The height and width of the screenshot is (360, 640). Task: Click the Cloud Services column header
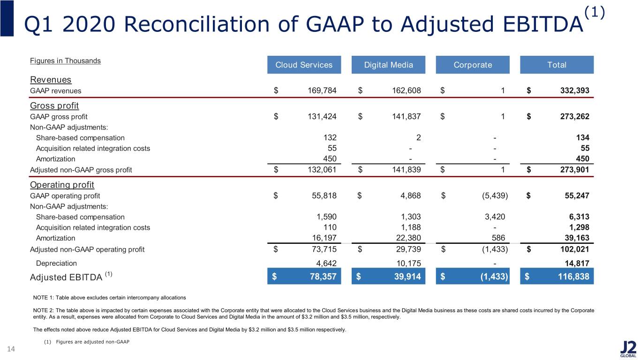click(x=304, y=65)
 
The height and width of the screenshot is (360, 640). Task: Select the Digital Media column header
click(x=388, y=65)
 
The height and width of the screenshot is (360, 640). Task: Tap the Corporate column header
click(x=473, y=65)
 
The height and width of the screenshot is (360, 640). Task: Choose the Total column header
click(x=557, y=65)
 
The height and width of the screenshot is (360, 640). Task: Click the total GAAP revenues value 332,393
click(x=574, y=90)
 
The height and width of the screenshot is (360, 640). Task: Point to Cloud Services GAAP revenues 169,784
click(x=322, y=90)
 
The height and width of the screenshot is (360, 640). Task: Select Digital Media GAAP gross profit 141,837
click(x=407, y=117)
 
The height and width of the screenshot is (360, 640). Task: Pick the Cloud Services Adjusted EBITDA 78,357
click(x=323, y=276)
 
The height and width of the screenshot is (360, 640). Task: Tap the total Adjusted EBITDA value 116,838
click(x=573, y=276)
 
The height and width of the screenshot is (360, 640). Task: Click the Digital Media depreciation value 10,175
click(x=408, y=263)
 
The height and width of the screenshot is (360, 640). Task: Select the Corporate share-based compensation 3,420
click(x=495, y=217)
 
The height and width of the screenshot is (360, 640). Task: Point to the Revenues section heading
click(x=51, y=80)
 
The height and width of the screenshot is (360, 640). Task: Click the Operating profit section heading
click(x=62, y=185)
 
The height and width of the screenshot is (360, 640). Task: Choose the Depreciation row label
click(x=56, y=263)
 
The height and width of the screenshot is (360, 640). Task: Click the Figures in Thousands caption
click(x=66, y=61)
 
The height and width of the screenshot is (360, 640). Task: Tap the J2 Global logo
click(x=628, y=349)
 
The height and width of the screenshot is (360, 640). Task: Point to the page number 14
click(x=11, y=349)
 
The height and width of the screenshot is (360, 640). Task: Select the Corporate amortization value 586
click(x=498, y=238)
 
